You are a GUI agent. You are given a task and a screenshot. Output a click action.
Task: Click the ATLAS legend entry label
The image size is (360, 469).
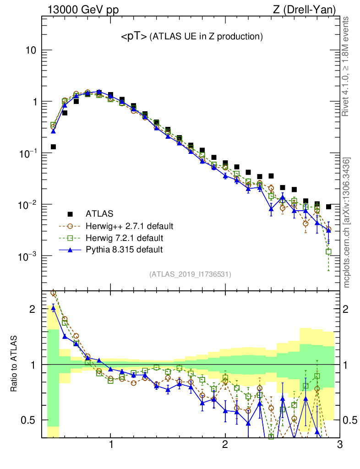coord(100,214)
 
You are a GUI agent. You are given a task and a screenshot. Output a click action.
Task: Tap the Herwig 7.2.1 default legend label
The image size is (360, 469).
coord(125,238)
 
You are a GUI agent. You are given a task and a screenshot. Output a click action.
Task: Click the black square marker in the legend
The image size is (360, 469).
coord(70,214)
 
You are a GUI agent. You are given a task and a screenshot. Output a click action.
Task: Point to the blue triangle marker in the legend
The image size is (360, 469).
coord(70,250)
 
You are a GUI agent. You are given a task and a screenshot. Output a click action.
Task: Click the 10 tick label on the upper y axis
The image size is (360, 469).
coord(31,50)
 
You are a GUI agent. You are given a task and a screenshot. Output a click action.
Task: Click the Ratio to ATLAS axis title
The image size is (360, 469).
coord(15,364)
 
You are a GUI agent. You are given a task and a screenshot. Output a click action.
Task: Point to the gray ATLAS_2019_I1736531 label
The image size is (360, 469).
coord(190,274)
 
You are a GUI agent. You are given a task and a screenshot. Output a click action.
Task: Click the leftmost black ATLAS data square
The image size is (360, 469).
coord(53,147)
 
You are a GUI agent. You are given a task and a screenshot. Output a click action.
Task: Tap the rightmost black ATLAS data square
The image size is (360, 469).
coord(328,207)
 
